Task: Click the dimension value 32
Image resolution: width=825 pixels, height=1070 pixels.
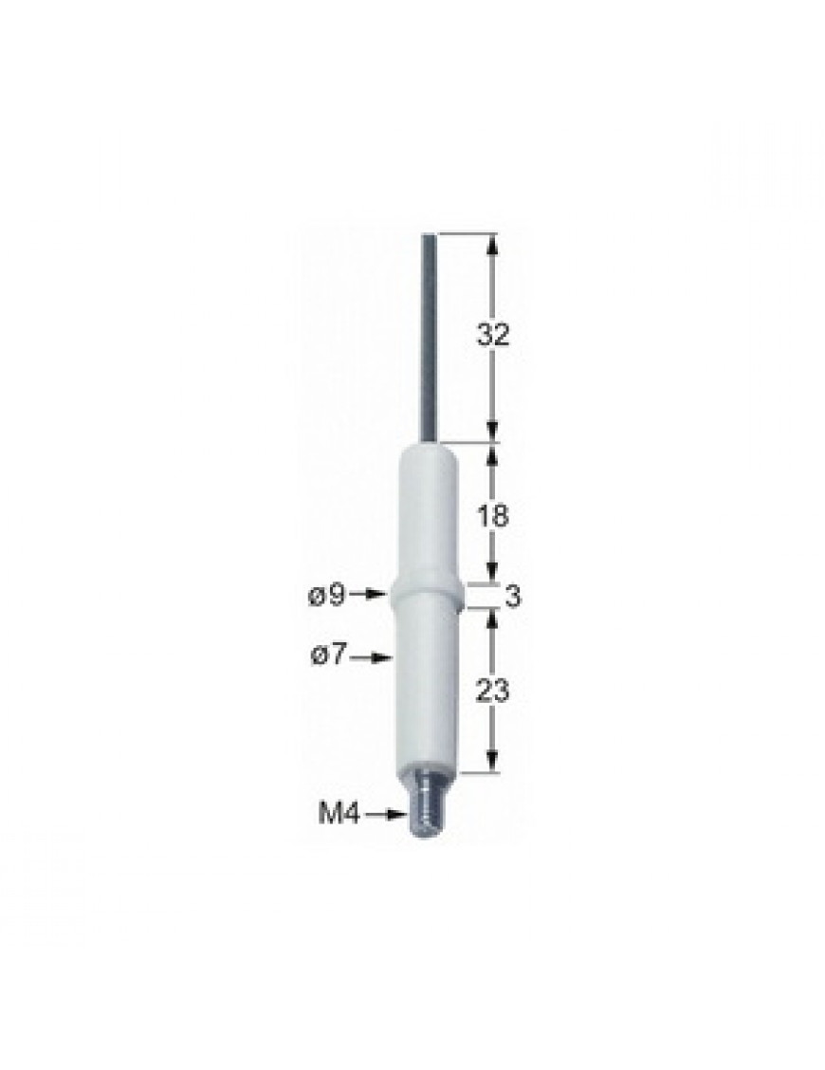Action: pyautogui.click(x=493, y=334)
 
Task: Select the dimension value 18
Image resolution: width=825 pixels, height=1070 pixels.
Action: pyautogui.click(x=493, y=515)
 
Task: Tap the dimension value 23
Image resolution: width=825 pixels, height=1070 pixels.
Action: pyautogui.click(x=493, y=691)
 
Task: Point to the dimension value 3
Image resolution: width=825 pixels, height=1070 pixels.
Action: pyautogui.click(x=512, y=597)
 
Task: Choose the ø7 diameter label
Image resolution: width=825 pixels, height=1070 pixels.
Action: pyautogui.click(x=331, y=656)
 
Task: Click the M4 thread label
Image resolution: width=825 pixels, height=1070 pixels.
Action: pyautogui.click(x=339, y=814)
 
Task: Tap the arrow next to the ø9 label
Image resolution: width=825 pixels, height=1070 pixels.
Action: pyautogui.click(x=370, y=595)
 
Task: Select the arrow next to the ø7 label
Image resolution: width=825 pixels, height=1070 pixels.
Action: pyautogui.click(x=374, y=657)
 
